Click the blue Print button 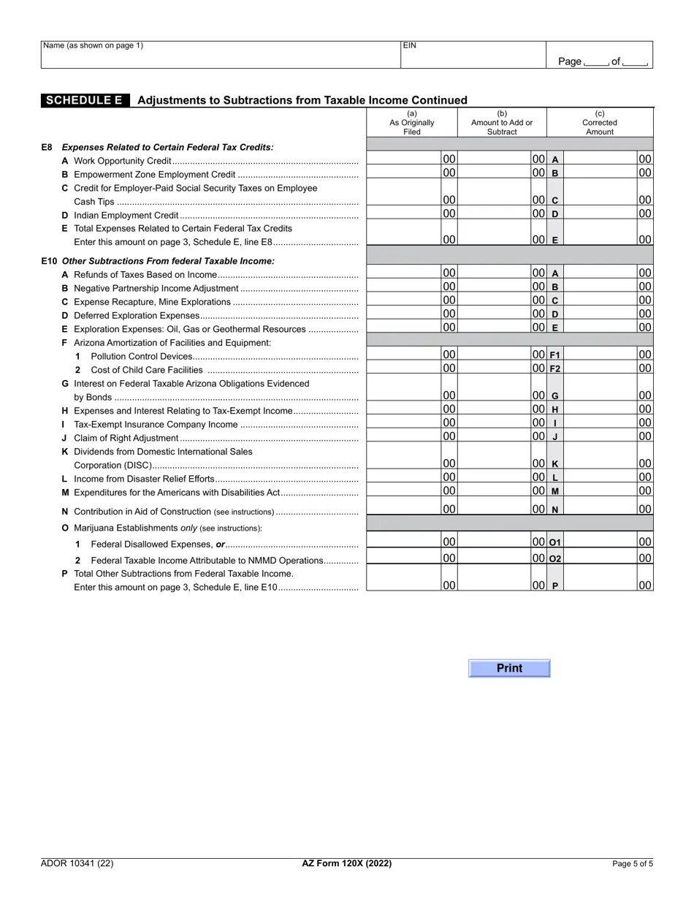(x=509, y=668)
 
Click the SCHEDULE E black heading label (x=85, y=101)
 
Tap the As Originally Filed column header (x=412, y=123)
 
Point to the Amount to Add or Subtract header (x=502, y=123)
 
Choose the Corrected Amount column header (x=600, y=123)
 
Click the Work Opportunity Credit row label (x=123, y=161)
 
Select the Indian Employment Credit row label (x=126, y=215)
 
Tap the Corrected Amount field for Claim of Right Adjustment (x=600, y=436)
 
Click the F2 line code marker (x=554, y=368)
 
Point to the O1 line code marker (x=554, y=542)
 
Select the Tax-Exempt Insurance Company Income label (x=156, y=424)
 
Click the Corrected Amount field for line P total (x=600, y=585)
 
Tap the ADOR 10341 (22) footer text (x=77, y=863)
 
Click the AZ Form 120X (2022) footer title (x=347, y=863)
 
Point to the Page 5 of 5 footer (x=633, y=864)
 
